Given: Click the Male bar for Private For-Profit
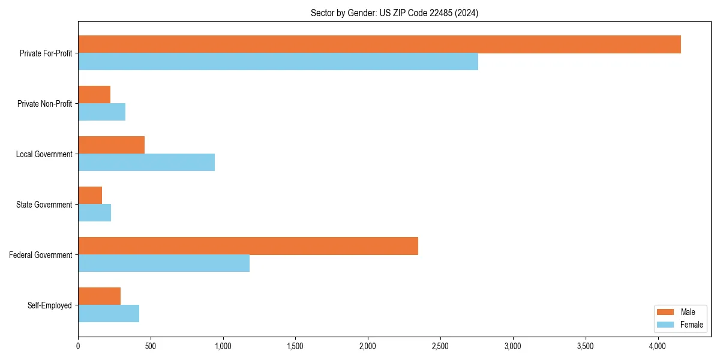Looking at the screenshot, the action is (x=379, y=44).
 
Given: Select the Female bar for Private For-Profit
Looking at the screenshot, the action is (x=278, y=62).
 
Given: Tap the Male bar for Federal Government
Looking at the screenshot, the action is (x=248, y=246).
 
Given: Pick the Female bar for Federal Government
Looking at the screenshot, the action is (x=164, y=263).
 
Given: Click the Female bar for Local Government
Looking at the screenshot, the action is (x=146, y=163).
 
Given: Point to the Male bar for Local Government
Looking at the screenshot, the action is (x=111, y=145).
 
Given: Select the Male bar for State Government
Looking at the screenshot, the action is (x=90, y=196).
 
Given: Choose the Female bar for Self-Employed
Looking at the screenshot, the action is (x=109, y=314).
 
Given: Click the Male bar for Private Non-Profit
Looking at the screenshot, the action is (x=94, y=95).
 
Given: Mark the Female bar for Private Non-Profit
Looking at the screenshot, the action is (x=101, y=112).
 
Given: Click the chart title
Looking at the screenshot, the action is (x=394, y=13).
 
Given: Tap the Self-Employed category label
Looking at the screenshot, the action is (x=50, y=305).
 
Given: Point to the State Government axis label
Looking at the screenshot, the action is (x=44, y=205).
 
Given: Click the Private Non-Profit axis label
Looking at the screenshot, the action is (x=44, y=104).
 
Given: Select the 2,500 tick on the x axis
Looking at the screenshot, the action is (x=440, y=346).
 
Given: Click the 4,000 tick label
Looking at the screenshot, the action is (x=658, y=346).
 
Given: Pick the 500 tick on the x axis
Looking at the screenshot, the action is (x=151, y=346).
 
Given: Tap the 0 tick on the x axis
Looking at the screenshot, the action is (x=78, y=346).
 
